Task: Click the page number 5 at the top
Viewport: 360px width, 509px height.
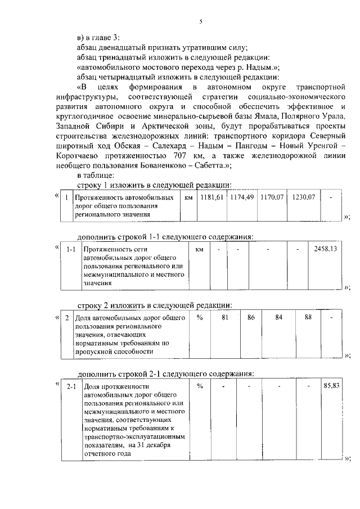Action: point(200,22)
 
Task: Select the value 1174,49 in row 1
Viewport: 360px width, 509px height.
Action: point(242,198)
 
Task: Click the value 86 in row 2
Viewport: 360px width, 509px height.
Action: point(251,318)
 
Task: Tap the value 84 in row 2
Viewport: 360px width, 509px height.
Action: point(278,318)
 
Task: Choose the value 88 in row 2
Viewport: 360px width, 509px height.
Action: point(308,318)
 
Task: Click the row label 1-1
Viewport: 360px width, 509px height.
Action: point(71,249)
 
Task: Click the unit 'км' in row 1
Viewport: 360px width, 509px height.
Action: point(188,198)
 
